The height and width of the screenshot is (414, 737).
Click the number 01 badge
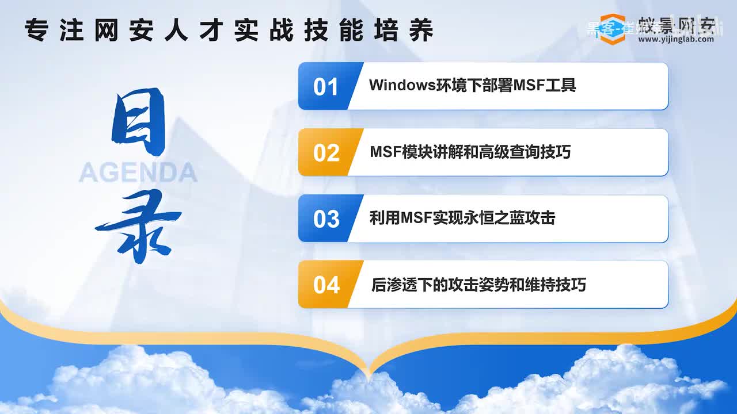click(x=326, y=87)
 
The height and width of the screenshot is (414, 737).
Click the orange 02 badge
click(x=326, y=153)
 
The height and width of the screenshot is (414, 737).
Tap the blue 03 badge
click(x=326, y=219)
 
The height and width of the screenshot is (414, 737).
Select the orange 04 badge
click(x=326, y=285)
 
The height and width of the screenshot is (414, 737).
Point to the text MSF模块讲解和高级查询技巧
click(x=470, y=152)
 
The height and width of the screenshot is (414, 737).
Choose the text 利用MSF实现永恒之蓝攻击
click(x=462, y=218)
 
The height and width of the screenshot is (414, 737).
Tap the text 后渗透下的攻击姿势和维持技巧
click(x=478, y=285)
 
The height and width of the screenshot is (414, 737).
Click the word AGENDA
click(x=138, y=172)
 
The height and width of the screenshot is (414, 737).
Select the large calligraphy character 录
click(x=138, y=226)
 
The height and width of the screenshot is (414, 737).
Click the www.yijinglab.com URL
click(x=676, y=39)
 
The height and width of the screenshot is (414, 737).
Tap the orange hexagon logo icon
click(x=611, y=29)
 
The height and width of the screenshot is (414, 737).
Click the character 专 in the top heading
click(x=36, y=30)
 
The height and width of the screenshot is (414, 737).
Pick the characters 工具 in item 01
click(x=564, y=86)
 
